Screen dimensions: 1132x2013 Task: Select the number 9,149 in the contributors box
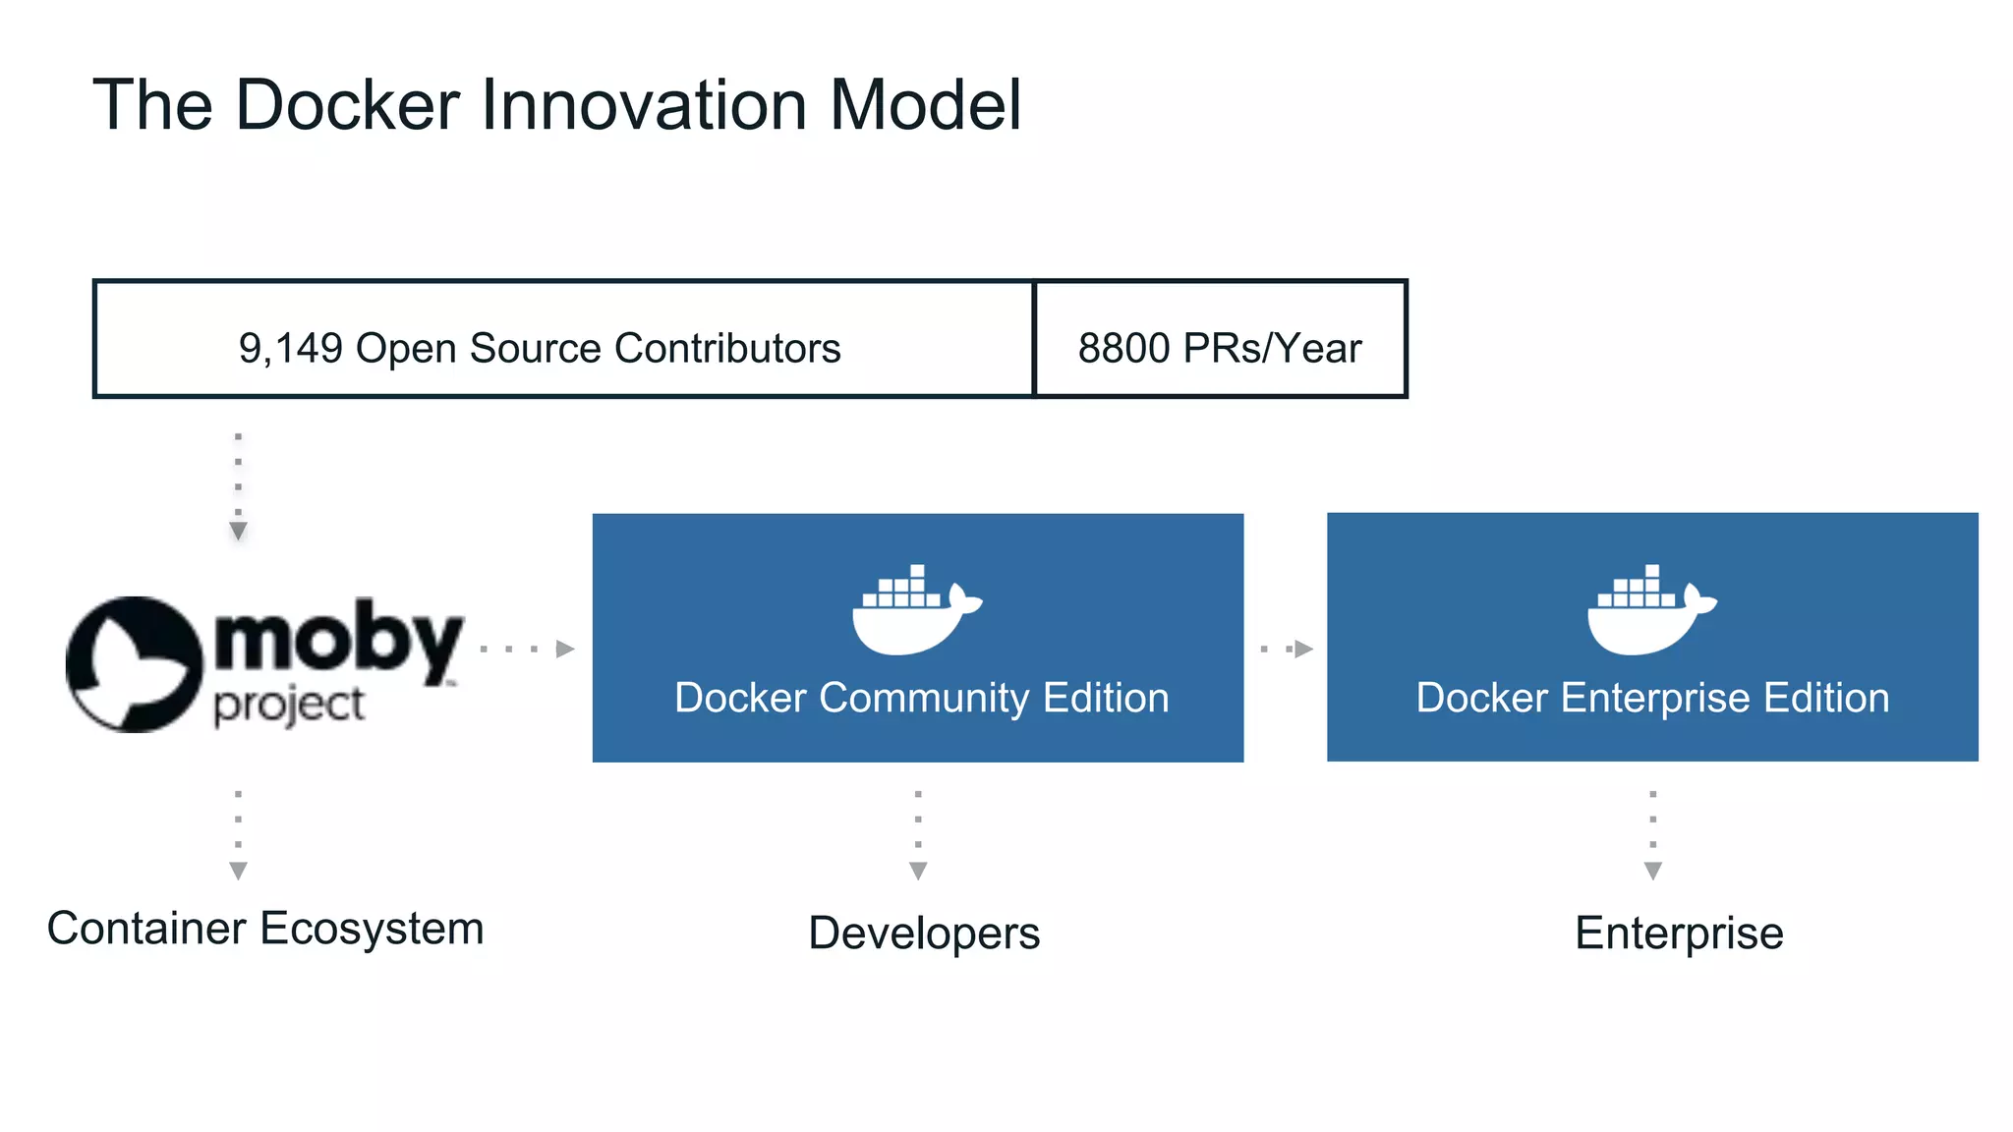(x=291, y=348)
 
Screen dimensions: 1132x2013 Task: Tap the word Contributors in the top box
(x=727, y=348)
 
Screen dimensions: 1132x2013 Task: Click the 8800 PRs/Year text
(x=1220, y=348)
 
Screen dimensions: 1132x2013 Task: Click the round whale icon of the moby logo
(x=133, y=664)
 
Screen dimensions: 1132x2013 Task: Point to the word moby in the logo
(x=337, y=641)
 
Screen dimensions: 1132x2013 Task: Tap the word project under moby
(x=289, y=706)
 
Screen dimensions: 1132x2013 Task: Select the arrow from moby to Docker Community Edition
(x=528, y=649)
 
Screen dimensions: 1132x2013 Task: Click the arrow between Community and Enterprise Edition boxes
(x=1287, y=649)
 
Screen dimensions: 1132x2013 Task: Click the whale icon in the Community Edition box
(x=915, y=610)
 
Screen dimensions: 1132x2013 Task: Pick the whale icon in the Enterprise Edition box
(x=1650, y=610)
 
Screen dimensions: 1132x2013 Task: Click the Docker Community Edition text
(x=921, y=698)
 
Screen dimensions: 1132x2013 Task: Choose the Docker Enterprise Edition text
(x=1652, y=698)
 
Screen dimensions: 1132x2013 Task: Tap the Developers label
(x=924, y=933)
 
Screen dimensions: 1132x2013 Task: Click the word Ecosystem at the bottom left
(x=372, y=929)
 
